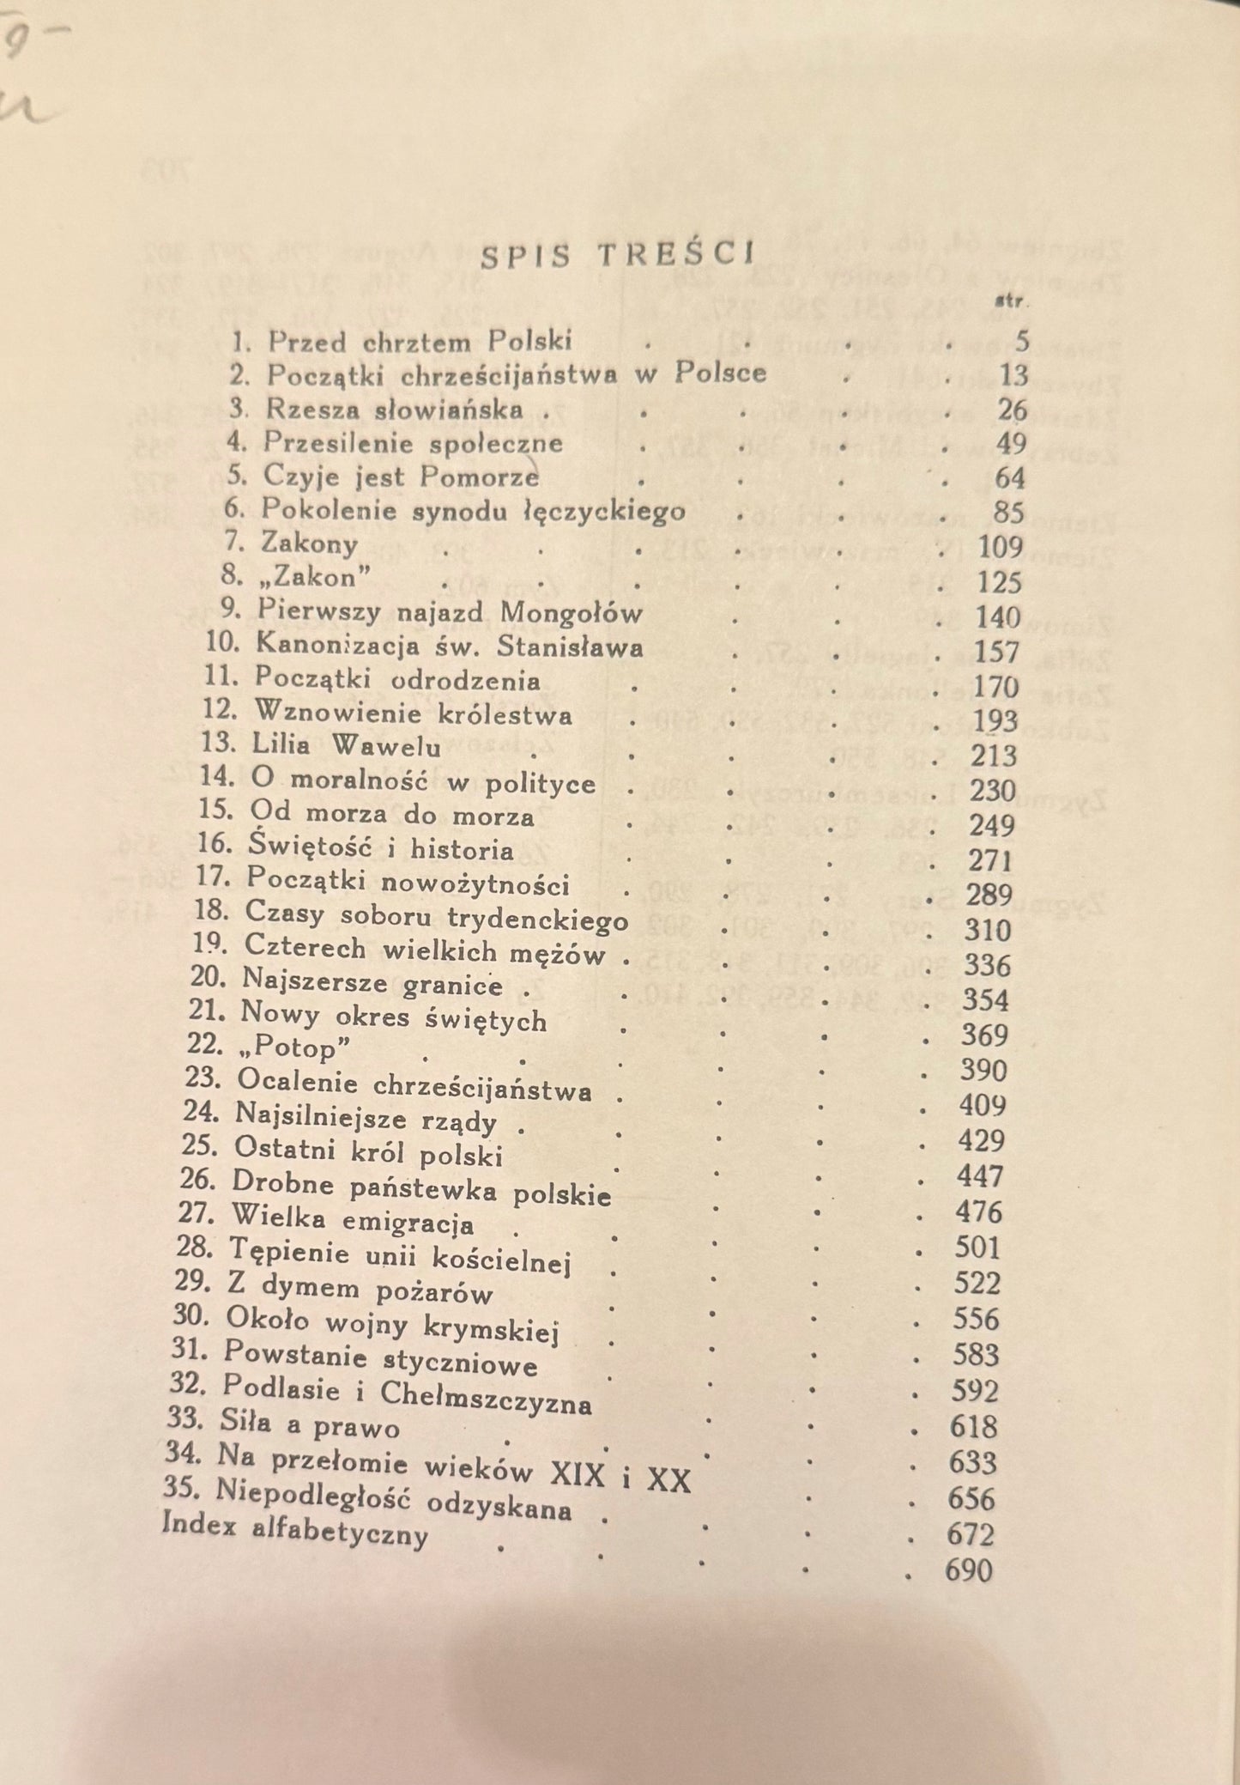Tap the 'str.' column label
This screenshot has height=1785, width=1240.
coord(1012,301)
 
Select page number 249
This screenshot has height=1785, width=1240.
coord(992,825)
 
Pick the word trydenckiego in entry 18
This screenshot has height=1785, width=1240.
coord(538,920)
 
